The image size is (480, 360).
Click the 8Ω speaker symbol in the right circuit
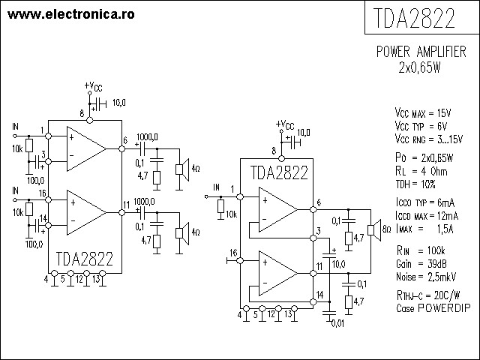[x=370, y=229]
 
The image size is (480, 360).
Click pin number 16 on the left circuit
[x=42, y=193]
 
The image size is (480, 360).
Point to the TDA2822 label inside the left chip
[x=84, y=259]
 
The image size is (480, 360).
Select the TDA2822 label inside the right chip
[x=278, y=173]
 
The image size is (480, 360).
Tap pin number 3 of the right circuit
[x=318, y=229]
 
